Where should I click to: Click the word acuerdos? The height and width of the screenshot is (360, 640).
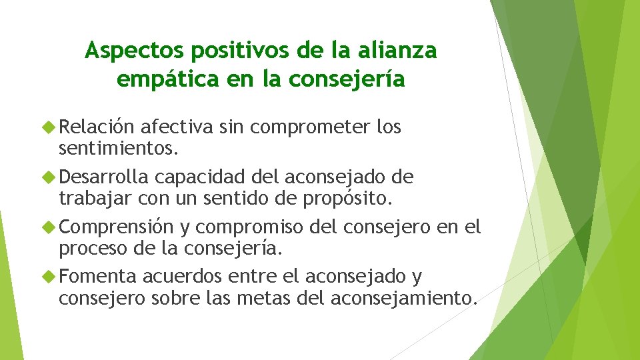pyautogui.click(x=183, y=276)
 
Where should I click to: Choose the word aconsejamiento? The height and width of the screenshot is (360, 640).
pyautogui.click(x=404, y=297)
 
